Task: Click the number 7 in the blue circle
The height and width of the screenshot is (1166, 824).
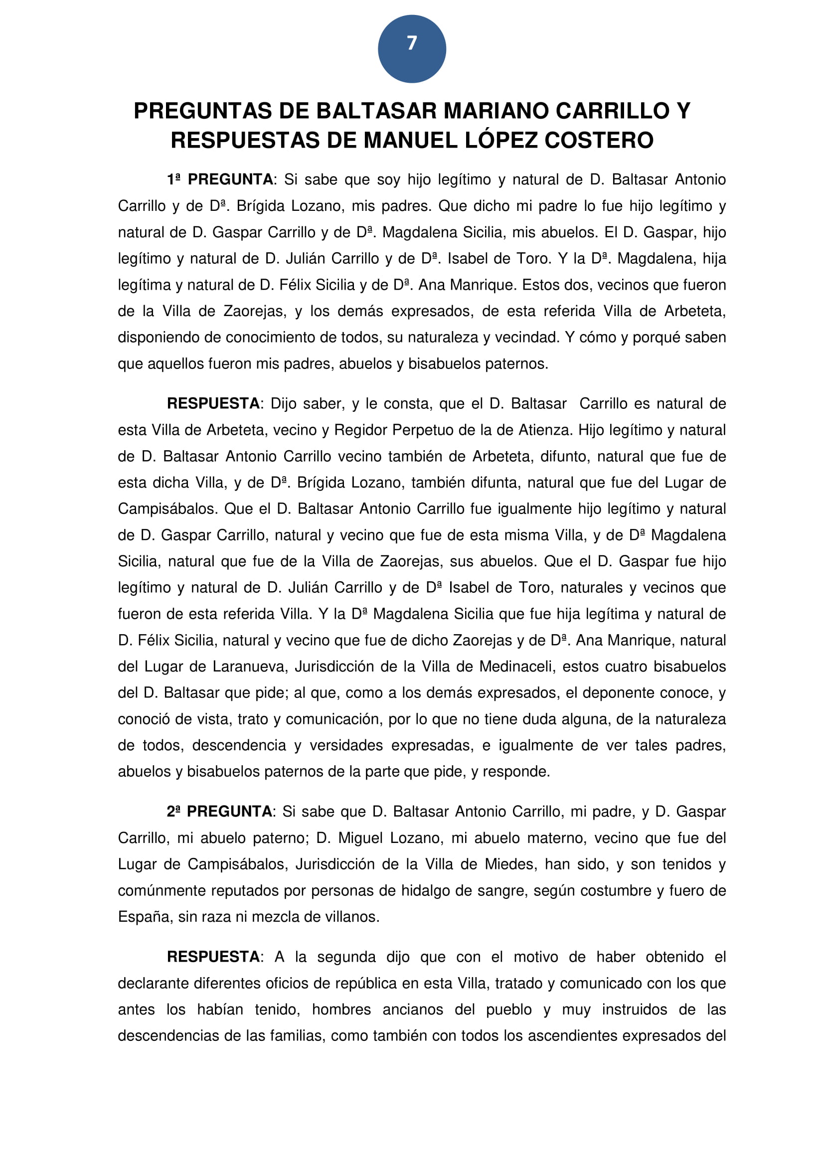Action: click(x=412, y=44)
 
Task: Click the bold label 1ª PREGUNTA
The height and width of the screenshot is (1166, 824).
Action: click(x=220, y=180)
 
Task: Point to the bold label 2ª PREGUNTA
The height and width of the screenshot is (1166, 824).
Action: click(x=219, y=812)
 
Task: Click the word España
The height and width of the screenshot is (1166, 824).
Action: click(x=144, y=917)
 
